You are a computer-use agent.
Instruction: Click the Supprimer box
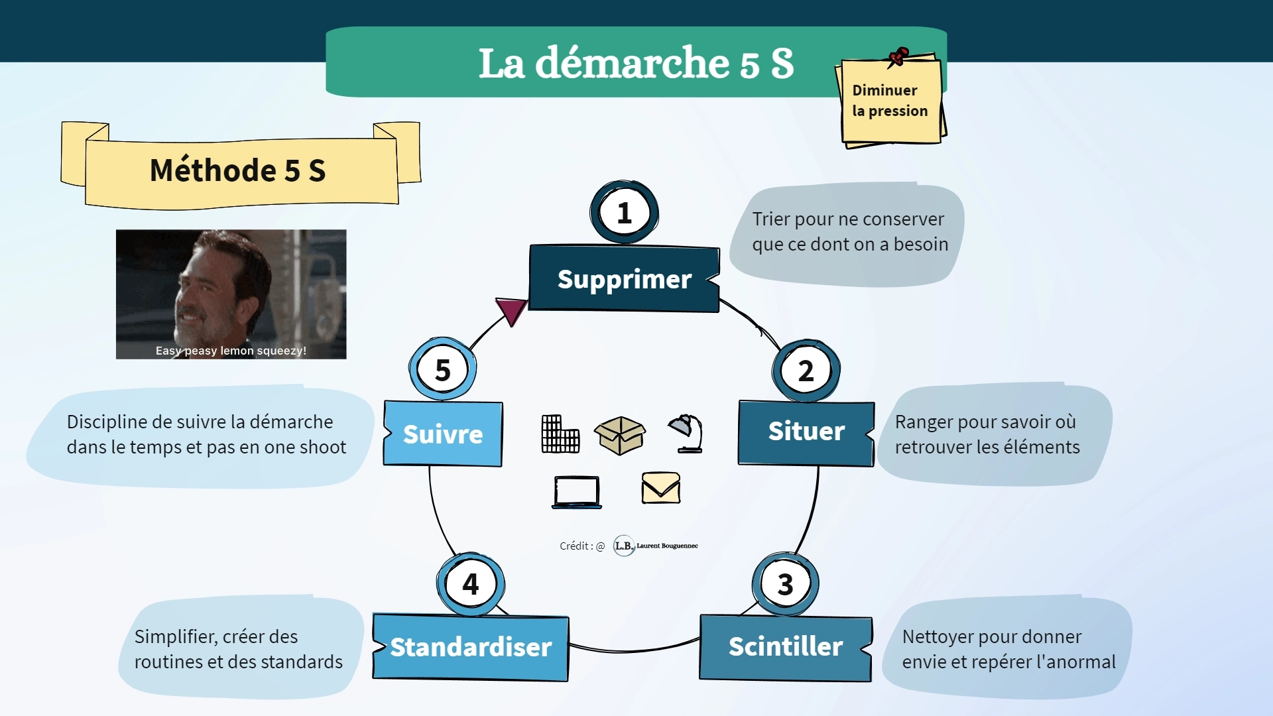[624, 279]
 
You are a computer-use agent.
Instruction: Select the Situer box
[806, 432]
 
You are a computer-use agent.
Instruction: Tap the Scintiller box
[786, 646]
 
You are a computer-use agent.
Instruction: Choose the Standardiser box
[471, 647]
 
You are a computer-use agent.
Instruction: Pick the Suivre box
[443, 434]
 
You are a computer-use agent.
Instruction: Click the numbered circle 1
[624, 213]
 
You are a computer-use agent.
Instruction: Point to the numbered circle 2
[806, 371]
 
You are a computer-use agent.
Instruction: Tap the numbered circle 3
[785, 584]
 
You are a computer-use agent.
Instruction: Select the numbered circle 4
[471, 584]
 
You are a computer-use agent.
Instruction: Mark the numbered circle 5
[442, 369]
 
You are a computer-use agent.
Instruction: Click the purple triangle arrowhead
[511, 310]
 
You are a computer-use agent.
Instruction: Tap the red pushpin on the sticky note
[898, 56]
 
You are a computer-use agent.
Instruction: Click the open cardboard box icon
[620, 435]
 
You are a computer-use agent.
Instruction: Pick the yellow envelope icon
[661, 488]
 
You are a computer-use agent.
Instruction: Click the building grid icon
[560, 434]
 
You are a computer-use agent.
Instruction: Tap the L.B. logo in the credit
[624, 546]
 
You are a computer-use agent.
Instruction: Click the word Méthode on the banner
[212, 170]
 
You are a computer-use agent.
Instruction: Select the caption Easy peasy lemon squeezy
[231, 351]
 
